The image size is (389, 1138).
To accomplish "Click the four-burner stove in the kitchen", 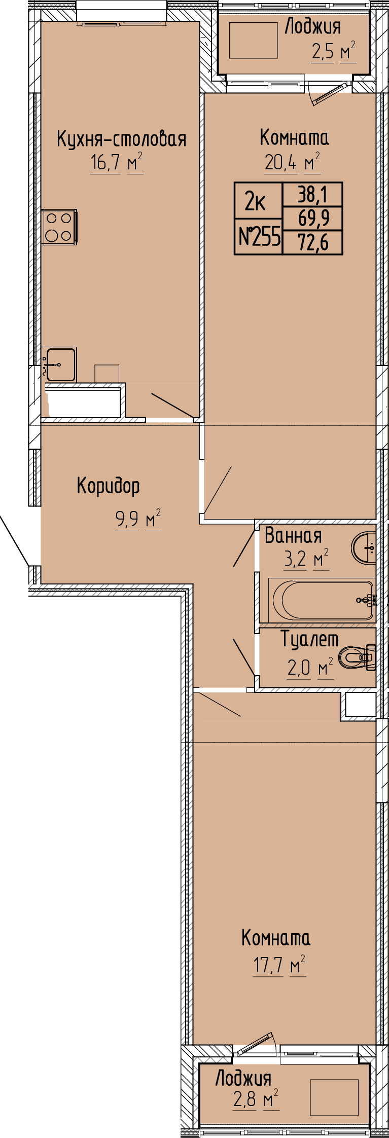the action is [x=59, y=227].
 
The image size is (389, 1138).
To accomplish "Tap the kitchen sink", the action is [x=60, y=364].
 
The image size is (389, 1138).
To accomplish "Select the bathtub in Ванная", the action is [x=322, y=600].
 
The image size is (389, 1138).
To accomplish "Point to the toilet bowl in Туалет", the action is [x=357, y=657].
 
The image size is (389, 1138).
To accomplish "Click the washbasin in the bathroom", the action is [x=364, y=547].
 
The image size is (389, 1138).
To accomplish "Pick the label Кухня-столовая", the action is [x=121, y=138].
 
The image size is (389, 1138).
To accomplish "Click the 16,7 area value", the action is [x=105, y=163].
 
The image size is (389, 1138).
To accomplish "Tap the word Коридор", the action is [x=108, y=486].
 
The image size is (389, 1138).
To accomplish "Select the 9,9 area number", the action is [x=127, y=520].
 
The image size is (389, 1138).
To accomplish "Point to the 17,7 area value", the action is [x=268, y=965].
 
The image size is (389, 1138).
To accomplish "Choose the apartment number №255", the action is [x=259, y=236].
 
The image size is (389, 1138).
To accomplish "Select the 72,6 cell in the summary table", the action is [x=313, y=242].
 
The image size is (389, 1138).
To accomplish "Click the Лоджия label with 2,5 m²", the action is [x=312, y=26].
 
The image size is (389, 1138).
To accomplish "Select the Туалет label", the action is [x=309, y=639].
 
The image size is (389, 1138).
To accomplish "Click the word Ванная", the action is [x=293, y=535].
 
